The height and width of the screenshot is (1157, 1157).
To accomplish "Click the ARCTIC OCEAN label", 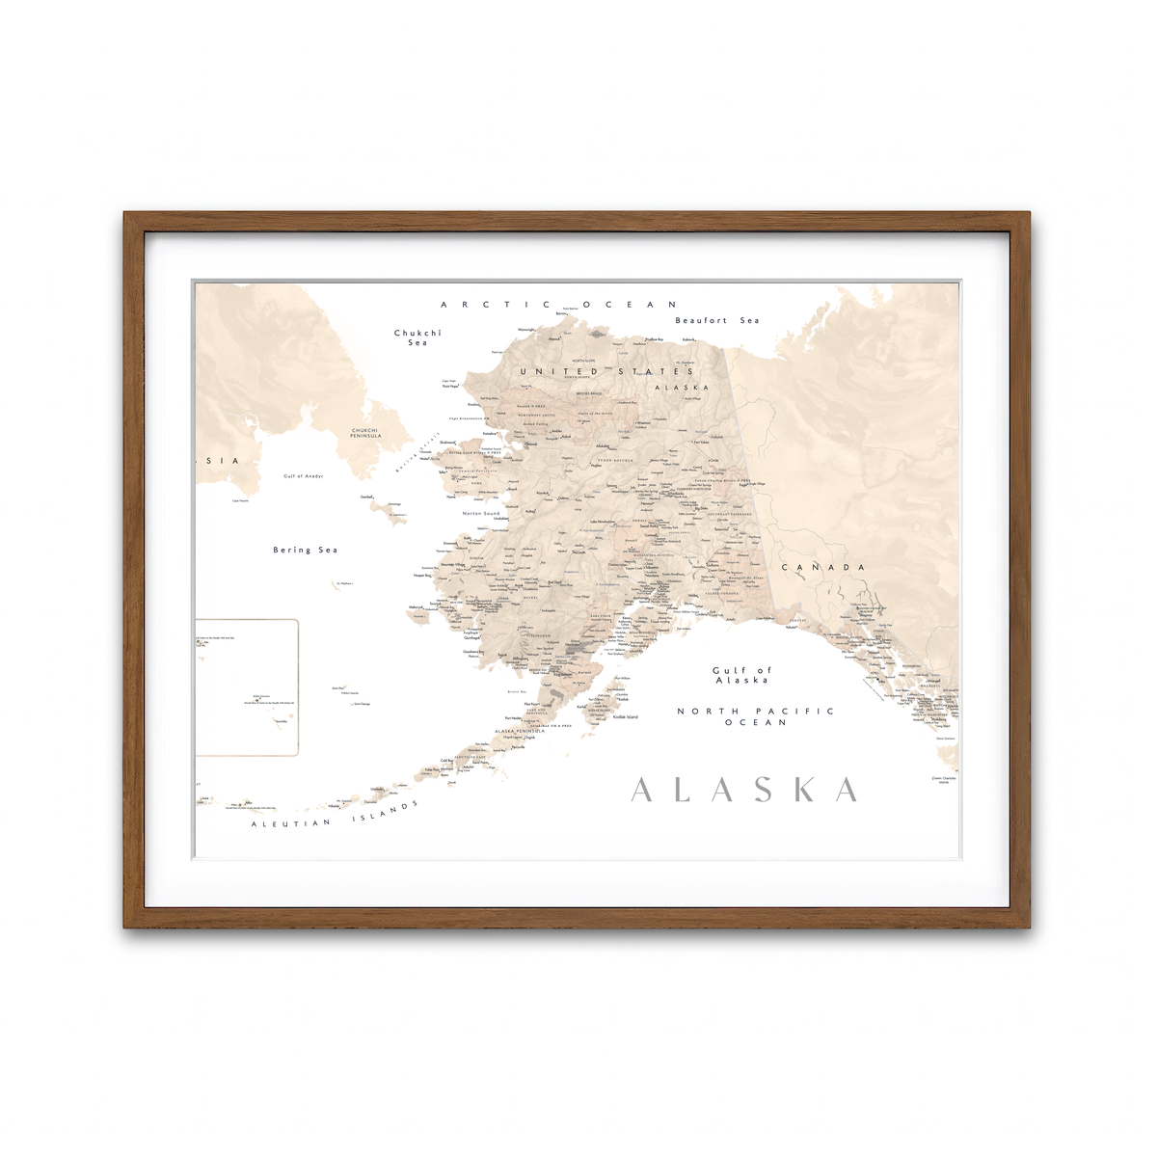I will (559, 305).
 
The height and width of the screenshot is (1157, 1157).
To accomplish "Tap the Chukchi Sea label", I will (417, 337).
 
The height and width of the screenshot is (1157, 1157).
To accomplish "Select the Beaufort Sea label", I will (716, 320).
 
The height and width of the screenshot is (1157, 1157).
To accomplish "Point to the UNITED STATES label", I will (606, 371).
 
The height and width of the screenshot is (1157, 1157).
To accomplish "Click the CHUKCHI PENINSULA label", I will (365, 433).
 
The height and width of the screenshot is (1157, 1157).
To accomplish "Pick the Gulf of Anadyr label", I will (304, 476).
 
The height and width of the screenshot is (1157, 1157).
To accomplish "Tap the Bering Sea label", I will (306, 550).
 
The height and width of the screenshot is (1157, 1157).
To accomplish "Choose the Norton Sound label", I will (481, 514).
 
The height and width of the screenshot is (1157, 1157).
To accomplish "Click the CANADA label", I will (823, 567).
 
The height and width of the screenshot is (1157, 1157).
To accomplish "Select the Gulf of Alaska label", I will (741, 675).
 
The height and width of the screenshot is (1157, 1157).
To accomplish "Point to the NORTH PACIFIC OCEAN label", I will (756, 716).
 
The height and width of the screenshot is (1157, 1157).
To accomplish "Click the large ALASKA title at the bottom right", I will (744, 790).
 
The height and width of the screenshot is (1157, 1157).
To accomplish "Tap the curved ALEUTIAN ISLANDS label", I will (336, 816).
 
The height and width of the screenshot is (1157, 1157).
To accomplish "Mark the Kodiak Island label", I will (626, 716).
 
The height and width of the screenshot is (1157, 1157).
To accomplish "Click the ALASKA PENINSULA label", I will (520, 731).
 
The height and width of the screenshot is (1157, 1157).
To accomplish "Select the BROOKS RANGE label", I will (589, 393).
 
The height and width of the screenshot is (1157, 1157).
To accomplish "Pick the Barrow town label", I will (561, 313).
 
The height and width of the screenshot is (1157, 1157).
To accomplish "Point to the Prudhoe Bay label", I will (655, 339).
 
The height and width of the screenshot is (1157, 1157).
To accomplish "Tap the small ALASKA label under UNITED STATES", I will (682, 388).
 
